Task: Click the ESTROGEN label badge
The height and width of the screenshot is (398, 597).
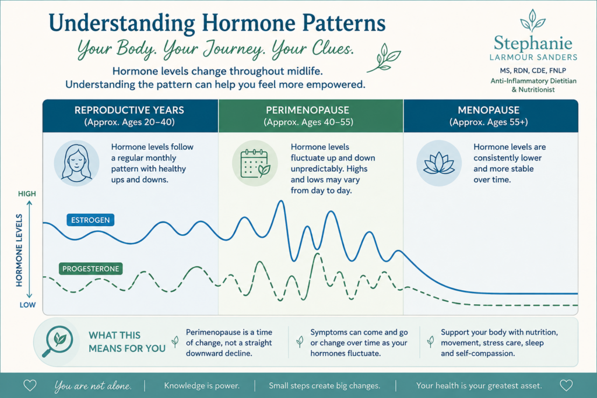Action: [90, 220]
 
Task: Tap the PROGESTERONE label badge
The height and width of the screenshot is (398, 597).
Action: [90, 269]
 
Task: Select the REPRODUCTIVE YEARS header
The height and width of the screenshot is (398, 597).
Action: [129, 110]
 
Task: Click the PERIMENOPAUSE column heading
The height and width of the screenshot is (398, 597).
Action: [308, 110]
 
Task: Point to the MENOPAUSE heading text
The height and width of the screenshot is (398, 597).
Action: [489, 110]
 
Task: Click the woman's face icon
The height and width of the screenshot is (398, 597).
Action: [76, 163]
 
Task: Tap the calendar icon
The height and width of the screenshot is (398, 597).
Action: [255, 163]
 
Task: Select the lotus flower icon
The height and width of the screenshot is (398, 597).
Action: [439, 163]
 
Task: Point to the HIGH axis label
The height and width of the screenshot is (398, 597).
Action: [27, 193]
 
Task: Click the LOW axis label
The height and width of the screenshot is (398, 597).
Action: [28, 305]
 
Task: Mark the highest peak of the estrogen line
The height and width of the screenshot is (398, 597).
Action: [282, 201]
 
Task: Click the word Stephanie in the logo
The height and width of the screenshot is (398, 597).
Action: [533, 44]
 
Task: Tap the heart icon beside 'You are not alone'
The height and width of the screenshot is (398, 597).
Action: [30, 385]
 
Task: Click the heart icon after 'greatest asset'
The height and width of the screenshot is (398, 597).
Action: [566, 385]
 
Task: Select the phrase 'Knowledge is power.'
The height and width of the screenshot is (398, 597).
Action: [202, 385]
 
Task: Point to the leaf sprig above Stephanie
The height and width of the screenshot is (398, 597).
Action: [533, 20]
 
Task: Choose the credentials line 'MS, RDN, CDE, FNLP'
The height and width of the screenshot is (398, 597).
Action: [533, 71]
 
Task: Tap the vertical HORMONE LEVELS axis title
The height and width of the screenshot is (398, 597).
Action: [19, 251]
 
